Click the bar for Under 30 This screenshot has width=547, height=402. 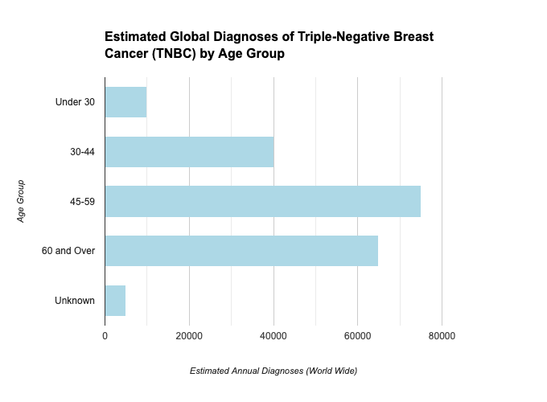point(125,102)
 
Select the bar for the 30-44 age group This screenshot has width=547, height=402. point(189,151)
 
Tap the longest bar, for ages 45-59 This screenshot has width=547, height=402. point(262,201)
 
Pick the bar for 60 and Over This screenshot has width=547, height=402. point(241,251)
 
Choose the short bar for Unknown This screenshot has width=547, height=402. point(115,301)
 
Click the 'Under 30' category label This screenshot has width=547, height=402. point(75,102)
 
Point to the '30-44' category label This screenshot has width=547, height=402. point(82,152)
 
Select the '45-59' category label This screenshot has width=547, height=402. point(82,202)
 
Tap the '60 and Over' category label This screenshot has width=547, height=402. point(68,251)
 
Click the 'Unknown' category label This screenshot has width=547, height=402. point(75,301)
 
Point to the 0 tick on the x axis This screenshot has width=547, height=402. point(105,336)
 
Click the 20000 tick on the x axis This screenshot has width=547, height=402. point(189,336)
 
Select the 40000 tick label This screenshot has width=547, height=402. point(273,336)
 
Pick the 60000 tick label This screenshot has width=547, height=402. point(357,336)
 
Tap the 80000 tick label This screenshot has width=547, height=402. point(442,336)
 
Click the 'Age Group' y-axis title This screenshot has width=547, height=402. point(22,201)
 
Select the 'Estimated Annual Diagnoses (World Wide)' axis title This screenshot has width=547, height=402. point(273,371)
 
